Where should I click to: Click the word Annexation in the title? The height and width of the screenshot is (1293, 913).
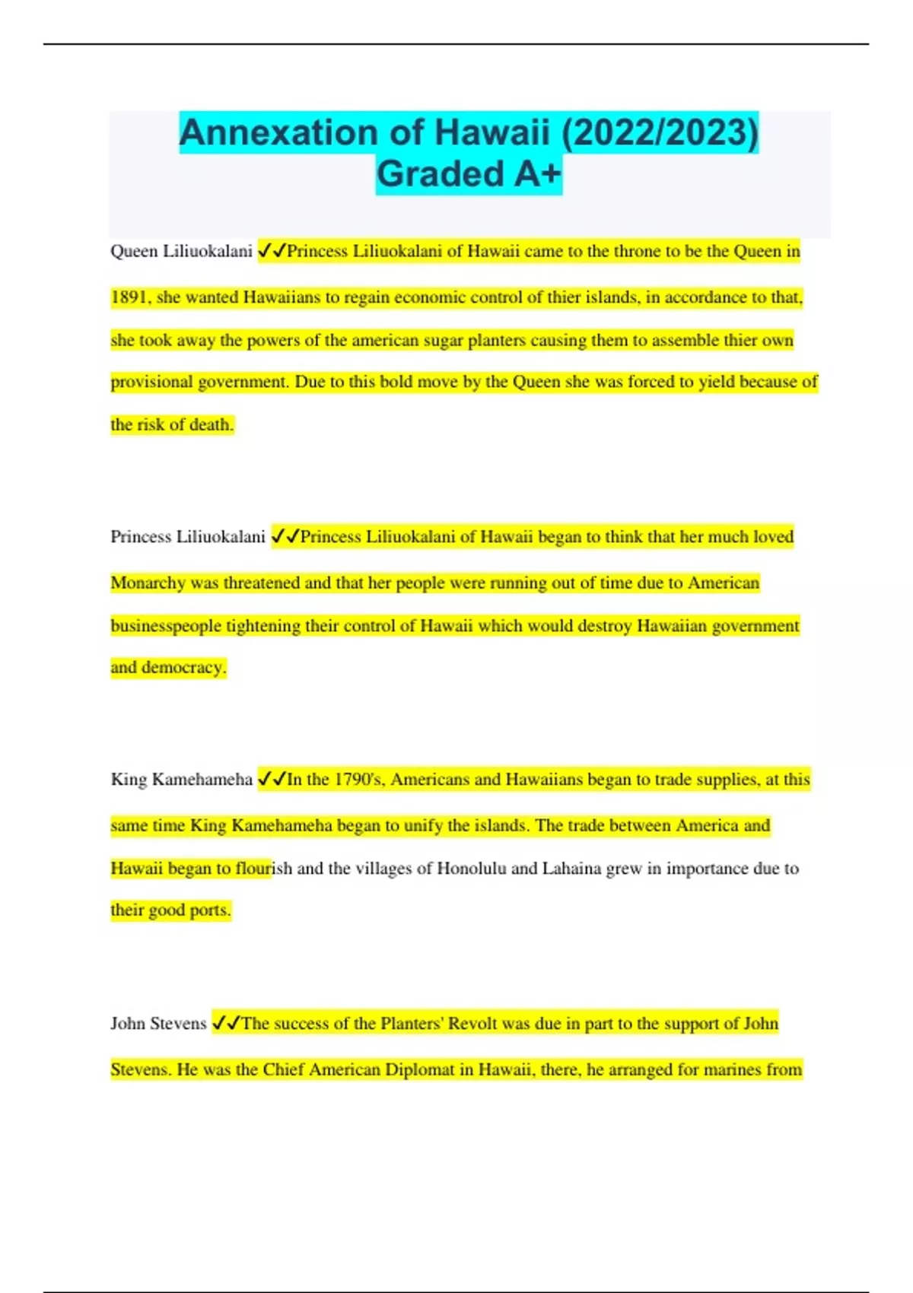pos(278,133)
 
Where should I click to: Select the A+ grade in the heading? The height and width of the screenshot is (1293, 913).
pos(537,174)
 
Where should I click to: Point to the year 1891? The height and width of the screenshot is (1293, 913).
pos(130,297)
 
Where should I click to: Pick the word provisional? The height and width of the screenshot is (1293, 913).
pos(152,382)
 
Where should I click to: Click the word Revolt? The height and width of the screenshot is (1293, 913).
pos(472,1024)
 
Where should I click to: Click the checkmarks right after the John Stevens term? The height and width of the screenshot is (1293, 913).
pos(225,1024)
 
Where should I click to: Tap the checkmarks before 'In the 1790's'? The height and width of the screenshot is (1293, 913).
pos(271,780)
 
